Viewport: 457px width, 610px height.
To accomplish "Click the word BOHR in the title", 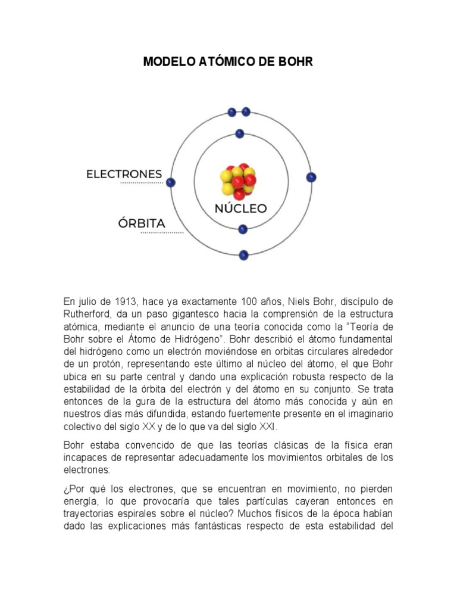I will pyautogui.click(x=294, y=62).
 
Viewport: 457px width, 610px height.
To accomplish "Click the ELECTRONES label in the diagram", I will pyautogui.click(x=124, y=174).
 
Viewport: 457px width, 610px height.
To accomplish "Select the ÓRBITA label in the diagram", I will pyautogui.click(x=141, y=223).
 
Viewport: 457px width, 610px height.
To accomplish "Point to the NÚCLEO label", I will pyautogui.click(x=240, y=209).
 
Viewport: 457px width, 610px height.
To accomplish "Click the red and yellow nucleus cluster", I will pyautogui.click(x=239, y=181).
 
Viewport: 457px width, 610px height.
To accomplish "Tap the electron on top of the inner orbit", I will pyautogui.click(x=240, y=134).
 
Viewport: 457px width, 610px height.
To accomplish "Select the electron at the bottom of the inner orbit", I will pyautogui.click(x=242, y=229).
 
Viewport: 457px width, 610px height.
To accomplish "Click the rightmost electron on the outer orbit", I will pyautogui.click(x=311, y=178).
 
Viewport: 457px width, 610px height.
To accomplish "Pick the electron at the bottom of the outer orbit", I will pyautogui.click(x=243, y=255).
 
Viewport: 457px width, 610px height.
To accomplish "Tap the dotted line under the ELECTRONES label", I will pyautogui.click(x=141, y=184).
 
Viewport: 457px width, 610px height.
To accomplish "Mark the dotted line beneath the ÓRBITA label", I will pyautogui.click(x=162, y=233).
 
